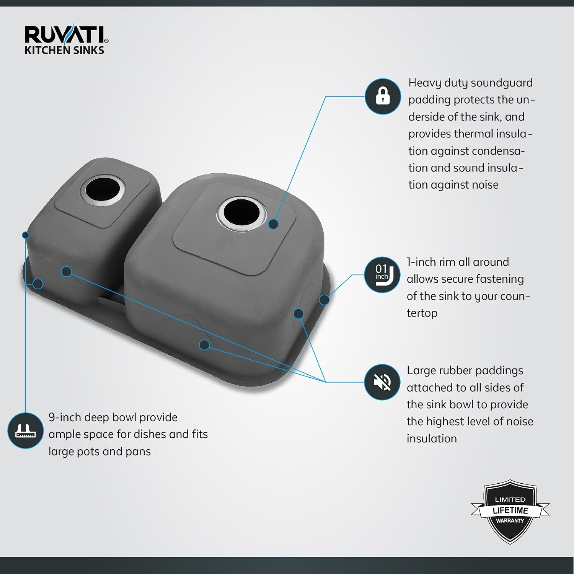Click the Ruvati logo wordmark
(66, 35)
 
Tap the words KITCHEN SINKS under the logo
(64, 50)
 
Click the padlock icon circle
(383, 96)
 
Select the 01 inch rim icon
(382, 275)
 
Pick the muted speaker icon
(382, 382)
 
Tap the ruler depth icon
(25, 430)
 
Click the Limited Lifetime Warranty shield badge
(510, 511)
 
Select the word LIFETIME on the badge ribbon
(510, 510)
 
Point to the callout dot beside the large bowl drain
(273, 224)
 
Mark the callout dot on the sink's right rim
(324, 300)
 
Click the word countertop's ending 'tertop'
(422, 313)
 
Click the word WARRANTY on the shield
(510, 521)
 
